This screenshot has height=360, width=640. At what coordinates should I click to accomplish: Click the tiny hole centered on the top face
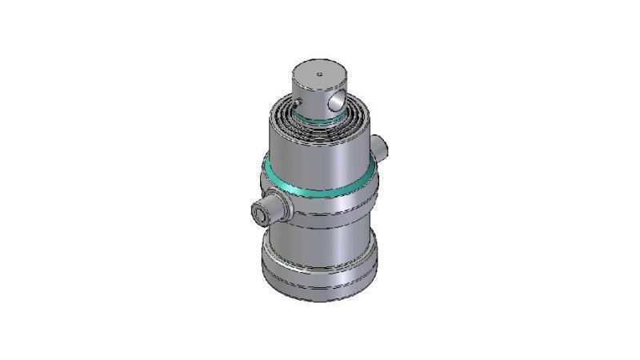tap(318, 75)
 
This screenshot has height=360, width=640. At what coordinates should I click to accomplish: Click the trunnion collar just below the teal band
tap(328, 204)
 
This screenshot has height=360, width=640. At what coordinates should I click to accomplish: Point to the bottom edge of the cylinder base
tap(320, 299)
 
